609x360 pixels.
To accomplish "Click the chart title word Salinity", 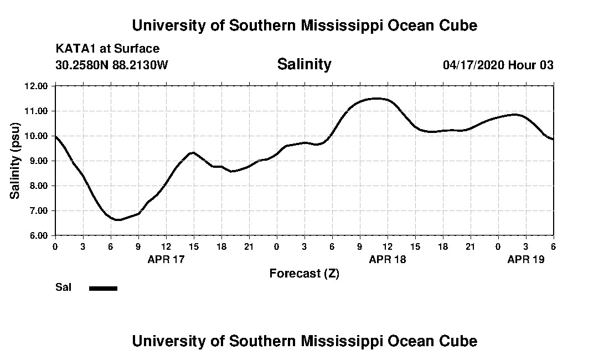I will coord(304,64).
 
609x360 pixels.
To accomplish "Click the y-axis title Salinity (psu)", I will coord(16,161).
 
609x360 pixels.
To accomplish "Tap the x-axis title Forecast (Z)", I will coord(304,273).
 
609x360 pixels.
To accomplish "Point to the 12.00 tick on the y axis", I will coord(37,86).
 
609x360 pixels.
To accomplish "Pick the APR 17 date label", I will coord(166,259).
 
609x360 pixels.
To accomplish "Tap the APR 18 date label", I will coord(388,259).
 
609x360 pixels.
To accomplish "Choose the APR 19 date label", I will coord(526,259).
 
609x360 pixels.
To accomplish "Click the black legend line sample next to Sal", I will coord(104,288).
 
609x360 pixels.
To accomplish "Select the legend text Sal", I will coord(63,287).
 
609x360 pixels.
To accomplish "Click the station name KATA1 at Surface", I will coord(107,49).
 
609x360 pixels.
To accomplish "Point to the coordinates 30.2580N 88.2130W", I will coord(111,65).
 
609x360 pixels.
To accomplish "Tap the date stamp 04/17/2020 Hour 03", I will coord(498,65).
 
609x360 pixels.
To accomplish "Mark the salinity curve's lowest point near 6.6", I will coord(118,220).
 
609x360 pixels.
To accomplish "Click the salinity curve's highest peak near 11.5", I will coord(376,99).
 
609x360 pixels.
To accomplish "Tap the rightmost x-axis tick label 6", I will coord(553,246).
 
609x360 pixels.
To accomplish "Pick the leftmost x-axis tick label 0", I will coord(55,246).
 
